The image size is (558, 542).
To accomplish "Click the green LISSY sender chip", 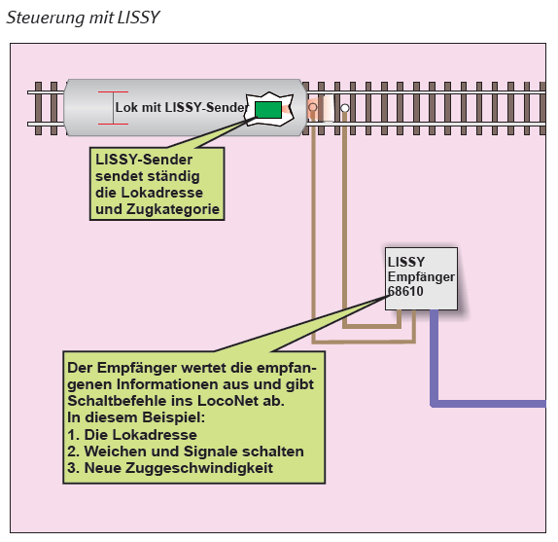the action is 268,109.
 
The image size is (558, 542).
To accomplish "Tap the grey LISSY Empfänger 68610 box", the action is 421,278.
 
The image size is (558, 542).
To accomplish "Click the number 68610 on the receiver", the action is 405,291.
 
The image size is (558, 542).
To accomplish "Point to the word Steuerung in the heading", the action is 45,18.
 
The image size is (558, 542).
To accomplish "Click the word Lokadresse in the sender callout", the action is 162,193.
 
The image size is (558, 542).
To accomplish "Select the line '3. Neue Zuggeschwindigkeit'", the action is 170,468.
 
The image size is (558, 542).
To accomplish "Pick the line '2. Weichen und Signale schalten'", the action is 186,452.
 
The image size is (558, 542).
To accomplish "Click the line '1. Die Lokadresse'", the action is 132,434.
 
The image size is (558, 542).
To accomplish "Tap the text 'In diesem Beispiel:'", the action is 136,417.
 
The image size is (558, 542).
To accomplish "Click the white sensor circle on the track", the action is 345,108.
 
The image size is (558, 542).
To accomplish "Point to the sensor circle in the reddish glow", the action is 313,107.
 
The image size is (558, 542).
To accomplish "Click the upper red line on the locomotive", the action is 113,91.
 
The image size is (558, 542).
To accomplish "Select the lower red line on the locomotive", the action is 113,124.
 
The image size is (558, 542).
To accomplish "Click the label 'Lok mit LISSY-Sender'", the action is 182,107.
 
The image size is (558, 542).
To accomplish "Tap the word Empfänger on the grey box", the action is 421,276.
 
